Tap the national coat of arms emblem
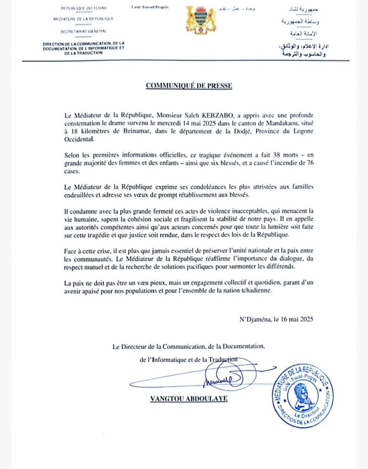[200, 20]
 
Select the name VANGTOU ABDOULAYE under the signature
[189, 398]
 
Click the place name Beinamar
[132, 131]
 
